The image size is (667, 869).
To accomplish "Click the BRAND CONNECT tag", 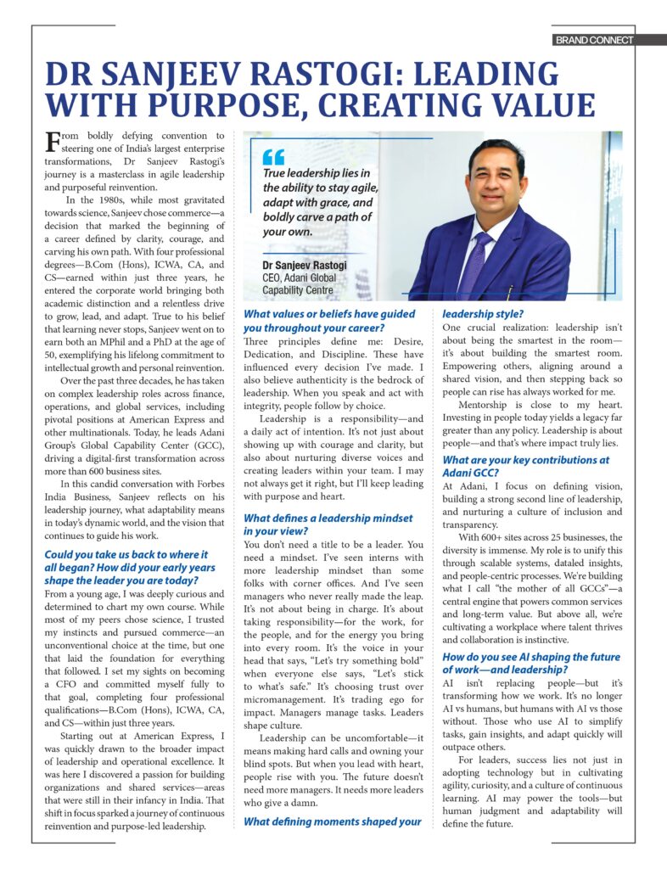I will pos(594,40).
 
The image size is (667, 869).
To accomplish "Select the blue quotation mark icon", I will pos(272,157).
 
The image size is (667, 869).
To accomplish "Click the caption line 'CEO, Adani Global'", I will pos(300,278).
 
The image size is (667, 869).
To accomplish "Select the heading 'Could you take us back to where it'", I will pos(126,555).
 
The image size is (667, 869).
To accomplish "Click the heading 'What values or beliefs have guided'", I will pos(329,314).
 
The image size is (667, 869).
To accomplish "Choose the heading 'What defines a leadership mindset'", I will pos(328,518).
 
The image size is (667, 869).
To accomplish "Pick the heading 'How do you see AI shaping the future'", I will pos(531,657).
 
